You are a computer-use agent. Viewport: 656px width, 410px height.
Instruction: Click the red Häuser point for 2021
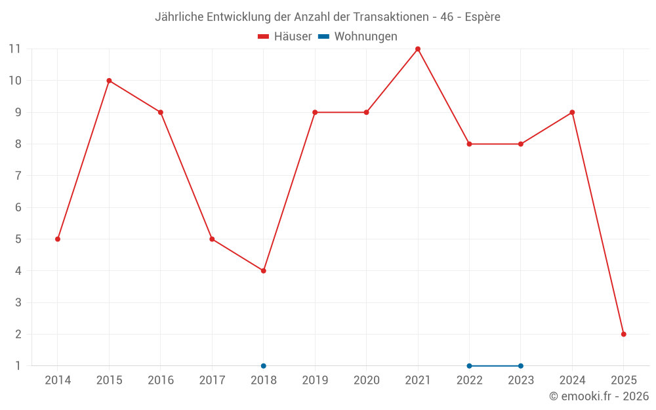click(418, 49)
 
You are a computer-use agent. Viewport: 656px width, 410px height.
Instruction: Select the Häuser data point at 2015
click(109, 81)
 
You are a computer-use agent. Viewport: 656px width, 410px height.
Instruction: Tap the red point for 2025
click(623, 334)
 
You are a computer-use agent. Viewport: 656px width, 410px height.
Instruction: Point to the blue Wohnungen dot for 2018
click(264, 365)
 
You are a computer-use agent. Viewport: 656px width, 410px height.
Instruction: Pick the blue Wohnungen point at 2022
click(469, 365)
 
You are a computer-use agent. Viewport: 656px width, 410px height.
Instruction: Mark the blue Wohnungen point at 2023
click(521, 365)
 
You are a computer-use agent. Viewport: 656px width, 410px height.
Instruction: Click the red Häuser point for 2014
click(58, 239)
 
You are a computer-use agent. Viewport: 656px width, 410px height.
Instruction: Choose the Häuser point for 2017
click(212, 239)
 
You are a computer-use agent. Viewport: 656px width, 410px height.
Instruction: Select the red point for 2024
click(572, 112)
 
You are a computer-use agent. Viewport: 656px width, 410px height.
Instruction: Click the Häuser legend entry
click(285, 37)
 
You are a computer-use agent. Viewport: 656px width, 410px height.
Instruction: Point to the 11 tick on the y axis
click(14, 49)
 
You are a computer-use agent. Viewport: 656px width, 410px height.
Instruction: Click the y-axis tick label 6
click(18, 207)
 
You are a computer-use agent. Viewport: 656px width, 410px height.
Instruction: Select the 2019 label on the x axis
click(315, 380)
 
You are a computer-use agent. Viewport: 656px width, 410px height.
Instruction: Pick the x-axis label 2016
click(161, 380)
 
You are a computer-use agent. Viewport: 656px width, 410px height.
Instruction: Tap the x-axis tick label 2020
click(366, 380)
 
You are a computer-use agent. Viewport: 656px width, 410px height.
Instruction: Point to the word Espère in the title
click(482, 17)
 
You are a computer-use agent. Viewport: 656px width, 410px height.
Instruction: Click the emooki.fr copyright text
click(599, 396)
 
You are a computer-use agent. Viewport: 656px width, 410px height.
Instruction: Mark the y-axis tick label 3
click(18, 302)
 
